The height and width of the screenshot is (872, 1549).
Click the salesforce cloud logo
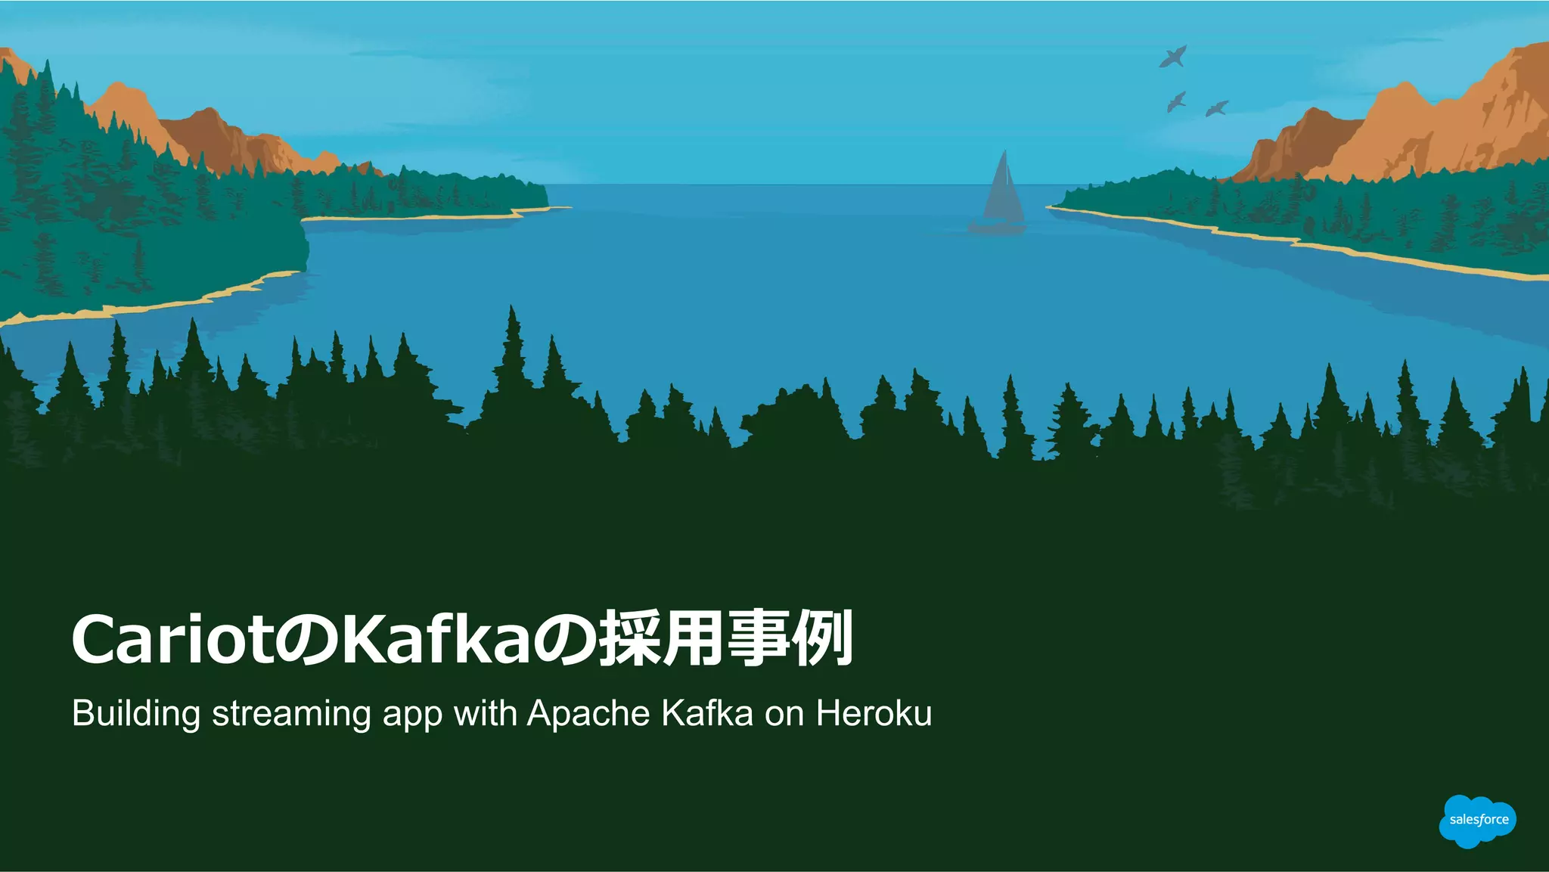pos(1477,821)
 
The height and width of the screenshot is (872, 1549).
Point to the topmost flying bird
pos(1173,56)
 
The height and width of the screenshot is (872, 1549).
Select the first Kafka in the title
pos(436,640)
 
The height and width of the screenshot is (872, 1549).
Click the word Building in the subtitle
pos(136,714)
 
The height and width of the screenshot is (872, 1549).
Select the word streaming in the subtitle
pos(291,714)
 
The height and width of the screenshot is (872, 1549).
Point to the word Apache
pos(588,712)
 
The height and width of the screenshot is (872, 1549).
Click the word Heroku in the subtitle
pos(874,712)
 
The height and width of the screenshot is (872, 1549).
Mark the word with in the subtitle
pos(484,712)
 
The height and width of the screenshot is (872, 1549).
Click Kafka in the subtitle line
pos(707,712)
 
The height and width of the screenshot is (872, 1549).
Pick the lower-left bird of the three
pos(1176,101)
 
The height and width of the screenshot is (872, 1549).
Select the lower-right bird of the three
pos(1216,108)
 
